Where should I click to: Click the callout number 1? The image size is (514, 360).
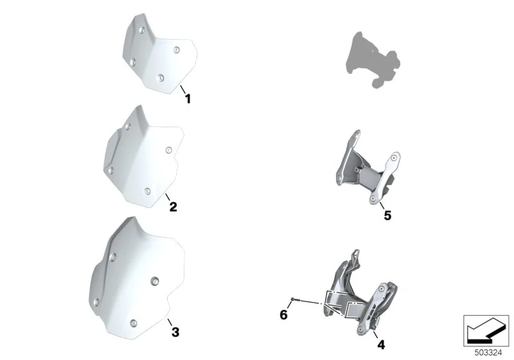point(188,99)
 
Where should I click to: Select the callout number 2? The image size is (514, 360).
point(173,207)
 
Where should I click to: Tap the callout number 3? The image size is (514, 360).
point(175,332)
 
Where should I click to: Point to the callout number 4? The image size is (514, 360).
point(381,345)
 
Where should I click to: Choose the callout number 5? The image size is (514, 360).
point(387,215)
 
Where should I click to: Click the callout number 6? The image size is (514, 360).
point(283,315)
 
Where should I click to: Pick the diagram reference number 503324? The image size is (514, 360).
point(488,353)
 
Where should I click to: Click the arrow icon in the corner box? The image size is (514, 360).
point(486,331)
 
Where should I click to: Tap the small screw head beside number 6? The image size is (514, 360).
point(292,299)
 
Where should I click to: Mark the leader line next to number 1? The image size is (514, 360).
point(183,89)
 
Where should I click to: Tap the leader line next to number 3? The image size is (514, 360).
point(170,321)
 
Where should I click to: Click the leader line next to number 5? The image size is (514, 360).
point(382,206)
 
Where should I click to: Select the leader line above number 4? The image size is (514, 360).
point(375,334)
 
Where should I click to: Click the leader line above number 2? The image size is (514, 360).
point(168,197)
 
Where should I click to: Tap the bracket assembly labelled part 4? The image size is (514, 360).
point(360,292)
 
